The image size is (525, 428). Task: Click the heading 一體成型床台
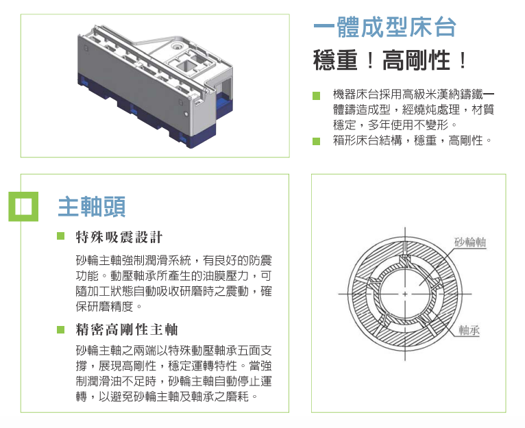(x=384, y=27)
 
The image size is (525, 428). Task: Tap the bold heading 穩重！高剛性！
(x=390, y=61)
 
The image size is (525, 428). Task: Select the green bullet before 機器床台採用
(x=316, y=95)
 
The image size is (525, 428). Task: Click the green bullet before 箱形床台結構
(x=316, y=142)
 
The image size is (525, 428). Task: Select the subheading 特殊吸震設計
(x=119, y=238)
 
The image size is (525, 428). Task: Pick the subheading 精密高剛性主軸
(x=127, y=329)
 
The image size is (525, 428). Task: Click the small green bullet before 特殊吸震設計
(x=60, y=238)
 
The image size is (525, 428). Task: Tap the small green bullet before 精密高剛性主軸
(x=60, y=329)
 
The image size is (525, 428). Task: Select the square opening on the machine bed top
(x=187, y=66)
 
